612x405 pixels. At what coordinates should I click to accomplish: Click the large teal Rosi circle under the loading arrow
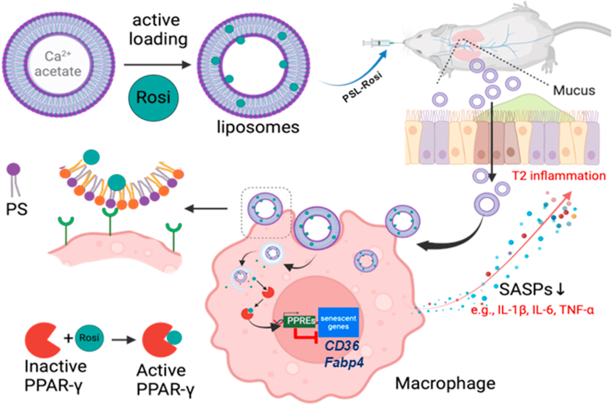(154, 97)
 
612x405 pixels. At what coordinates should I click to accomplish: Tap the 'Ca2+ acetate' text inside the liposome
(58, 64)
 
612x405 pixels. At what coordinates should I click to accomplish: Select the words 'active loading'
(158, 30)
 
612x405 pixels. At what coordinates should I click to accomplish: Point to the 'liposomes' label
(258, 127)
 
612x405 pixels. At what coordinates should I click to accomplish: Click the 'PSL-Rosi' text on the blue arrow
(362, 88)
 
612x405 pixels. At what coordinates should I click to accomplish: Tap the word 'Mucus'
(574, 90)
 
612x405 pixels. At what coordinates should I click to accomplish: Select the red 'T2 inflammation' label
(559, 176)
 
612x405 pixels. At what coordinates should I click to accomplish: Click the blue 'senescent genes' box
(338, 322)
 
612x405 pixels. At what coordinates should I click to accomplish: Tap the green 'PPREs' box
(300, 320)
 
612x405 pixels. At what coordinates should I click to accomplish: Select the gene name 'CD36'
(341, 345)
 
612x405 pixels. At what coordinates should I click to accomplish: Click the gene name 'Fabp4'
(345, 362)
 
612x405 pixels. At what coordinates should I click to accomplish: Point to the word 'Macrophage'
(445, 383)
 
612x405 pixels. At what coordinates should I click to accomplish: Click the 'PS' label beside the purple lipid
(16, 210)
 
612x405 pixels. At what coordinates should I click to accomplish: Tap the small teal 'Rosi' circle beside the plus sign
(89, 337)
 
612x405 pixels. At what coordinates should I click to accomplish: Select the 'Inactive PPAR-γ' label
(55, 375)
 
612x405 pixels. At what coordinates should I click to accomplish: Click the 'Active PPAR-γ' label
(165, 379)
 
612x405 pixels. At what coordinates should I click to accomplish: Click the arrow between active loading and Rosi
(158, 65)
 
